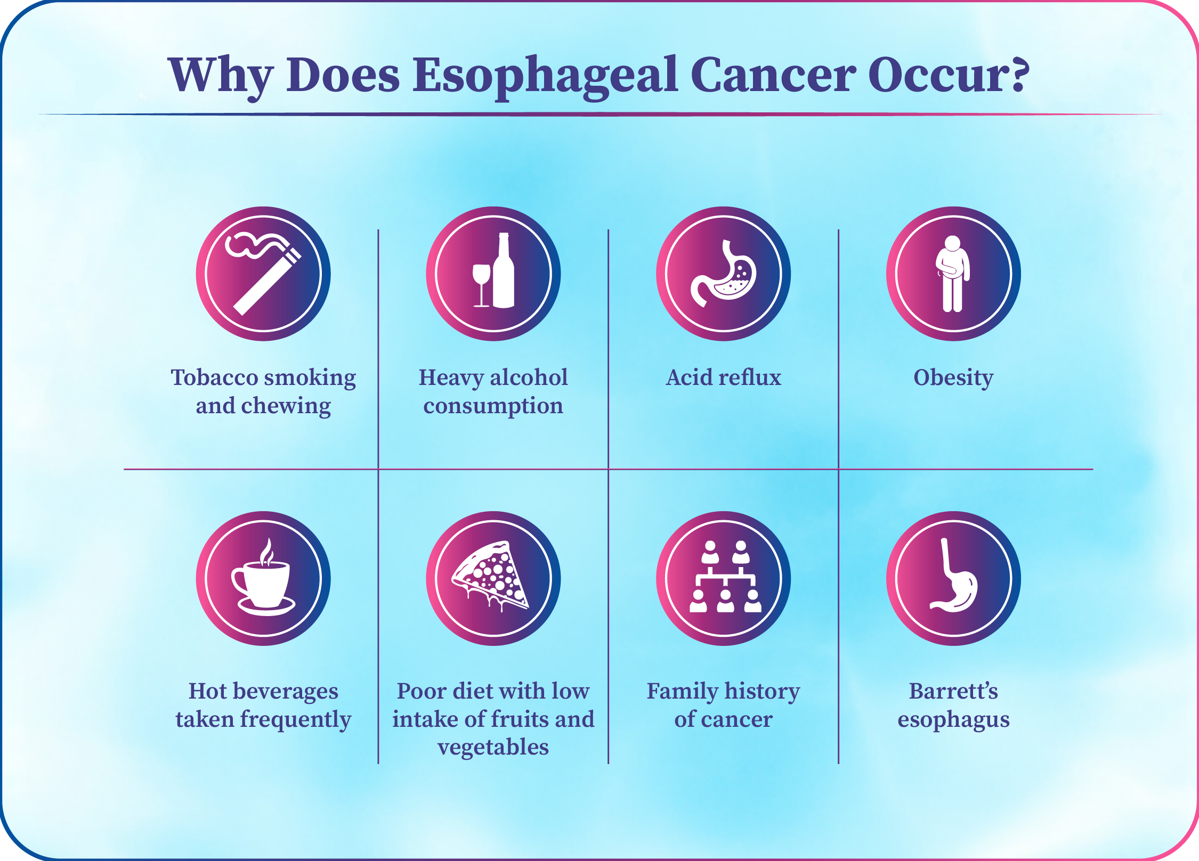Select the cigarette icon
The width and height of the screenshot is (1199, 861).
pos(263,273)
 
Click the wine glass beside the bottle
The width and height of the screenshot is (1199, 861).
pos(481,285)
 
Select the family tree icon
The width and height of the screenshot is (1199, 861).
pos(725,577)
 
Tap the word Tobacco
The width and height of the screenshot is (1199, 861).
pos(214,377)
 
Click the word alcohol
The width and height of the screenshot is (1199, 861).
pos(529,377)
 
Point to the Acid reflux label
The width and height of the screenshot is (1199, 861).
pos(724,377)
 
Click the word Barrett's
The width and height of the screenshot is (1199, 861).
pos(953,691)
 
